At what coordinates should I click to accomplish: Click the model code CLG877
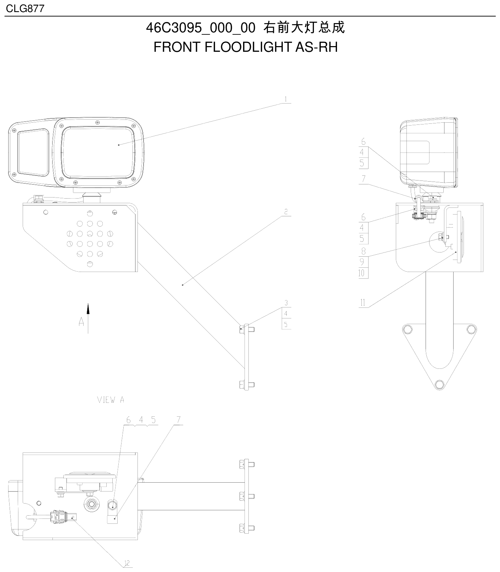(25, 8)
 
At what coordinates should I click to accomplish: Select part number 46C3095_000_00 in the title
(201, 28)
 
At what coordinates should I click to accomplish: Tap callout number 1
(286, 99)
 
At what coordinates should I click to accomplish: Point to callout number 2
(286, 212)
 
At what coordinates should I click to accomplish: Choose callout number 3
(286, 303)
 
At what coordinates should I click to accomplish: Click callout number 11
(363, 303)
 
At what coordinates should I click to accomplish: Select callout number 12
(127, 563)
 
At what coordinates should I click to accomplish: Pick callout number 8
(363, 251)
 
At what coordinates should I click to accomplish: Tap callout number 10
(361, 273)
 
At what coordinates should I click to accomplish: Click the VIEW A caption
(111, 400)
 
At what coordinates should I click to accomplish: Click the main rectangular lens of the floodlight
(98, 153)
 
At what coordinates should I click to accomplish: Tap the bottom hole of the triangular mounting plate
(439, 384)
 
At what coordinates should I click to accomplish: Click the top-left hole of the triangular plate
(408, 329)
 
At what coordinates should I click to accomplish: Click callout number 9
(362, 262)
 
